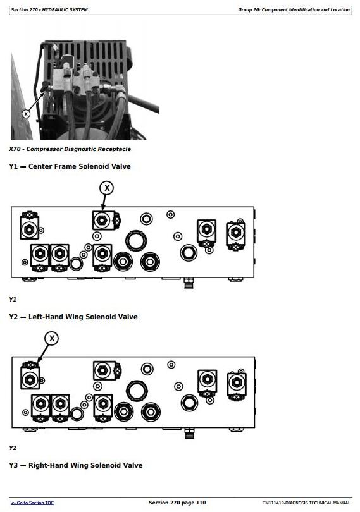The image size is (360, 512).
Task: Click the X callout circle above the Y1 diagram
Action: click(106, 188)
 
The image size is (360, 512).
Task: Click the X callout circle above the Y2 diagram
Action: click(52, 338)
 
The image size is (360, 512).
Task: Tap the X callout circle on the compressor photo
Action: click(26, 114)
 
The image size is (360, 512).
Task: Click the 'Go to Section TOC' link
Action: click(32, 503)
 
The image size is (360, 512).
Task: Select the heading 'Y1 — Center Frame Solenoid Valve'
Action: click(70, 166)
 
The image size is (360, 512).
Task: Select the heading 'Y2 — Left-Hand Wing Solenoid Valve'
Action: click(73, 317)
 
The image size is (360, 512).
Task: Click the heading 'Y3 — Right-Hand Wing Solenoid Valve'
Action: click(75, 465)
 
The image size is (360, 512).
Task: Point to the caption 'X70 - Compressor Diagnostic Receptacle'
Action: click(70, 149)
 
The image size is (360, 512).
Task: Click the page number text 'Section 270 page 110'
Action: click(177, 503)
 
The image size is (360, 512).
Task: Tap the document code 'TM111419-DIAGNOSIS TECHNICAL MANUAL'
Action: click(306, 503)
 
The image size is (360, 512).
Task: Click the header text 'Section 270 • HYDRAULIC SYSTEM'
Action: click(49, 9)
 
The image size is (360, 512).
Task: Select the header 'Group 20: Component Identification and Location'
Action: click(294, 9)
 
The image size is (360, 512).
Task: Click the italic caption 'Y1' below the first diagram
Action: click(13, 299)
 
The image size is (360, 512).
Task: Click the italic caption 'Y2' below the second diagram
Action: click(13, 448)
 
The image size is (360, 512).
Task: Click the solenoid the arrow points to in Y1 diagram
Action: click(106, 221)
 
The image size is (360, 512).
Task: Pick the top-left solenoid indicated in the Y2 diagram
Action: click(30, 375)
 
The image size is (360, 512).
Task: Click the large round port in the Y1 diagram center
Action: click(136, 241)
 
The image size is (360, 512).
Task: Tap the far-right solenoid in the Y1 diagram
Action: click(236, 235)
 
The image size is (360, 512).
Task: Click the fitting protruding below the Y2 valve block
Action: click(190, 433)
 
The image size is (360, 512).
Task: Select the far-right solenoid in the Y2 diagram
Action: click(237, 385)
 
